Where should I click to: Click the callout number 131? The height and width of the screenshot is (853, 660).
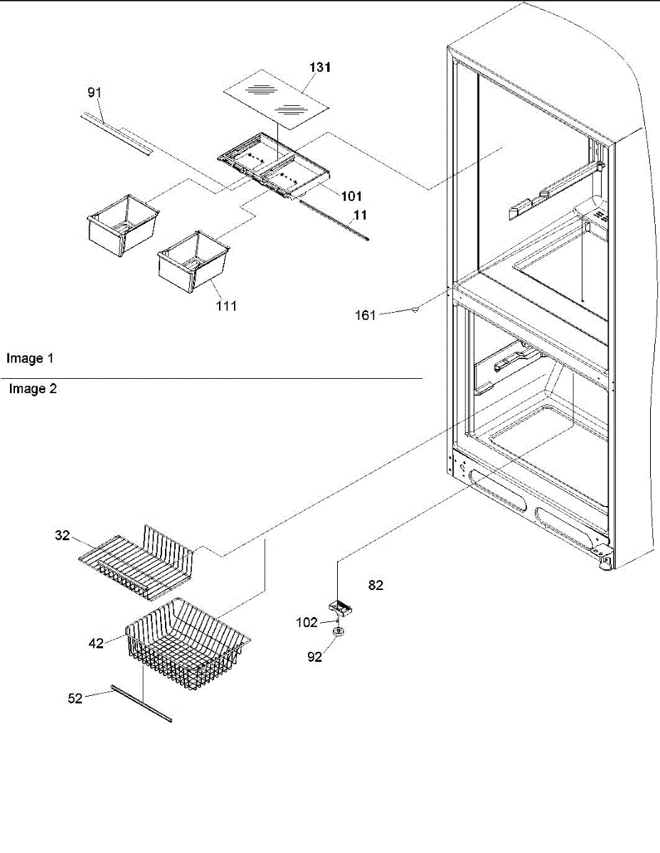[319, 68]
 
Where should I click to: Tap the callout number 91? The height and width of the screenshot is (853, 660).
[94, 92]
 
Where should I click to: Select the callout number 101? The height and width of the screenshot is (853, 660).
[351, 196]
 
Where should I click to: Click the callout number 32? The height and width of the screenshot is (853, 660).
[63, 535]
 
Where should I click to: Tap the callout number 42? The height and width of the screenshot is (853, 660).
[96, 643]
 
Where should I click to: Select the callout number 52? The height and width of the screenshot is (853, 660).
[75, 698]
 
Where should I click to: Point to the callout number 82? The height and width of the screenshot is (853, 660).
[376, 585]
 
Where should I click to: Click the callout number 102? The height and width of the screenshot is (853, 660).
[307, 622]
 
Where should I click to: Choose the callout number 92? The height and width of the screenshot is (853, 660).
[315, 658]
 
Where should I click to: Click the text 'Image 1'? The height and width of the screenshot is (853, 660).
[30, 359]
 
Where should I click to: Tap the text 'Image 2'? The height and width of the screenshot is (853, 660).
[33, 389]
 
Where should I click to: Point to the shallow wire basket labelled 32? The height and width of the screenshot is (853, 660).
[135, 558]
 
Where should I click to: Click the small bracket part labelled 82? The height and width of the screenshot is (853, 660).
[338, 608]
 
